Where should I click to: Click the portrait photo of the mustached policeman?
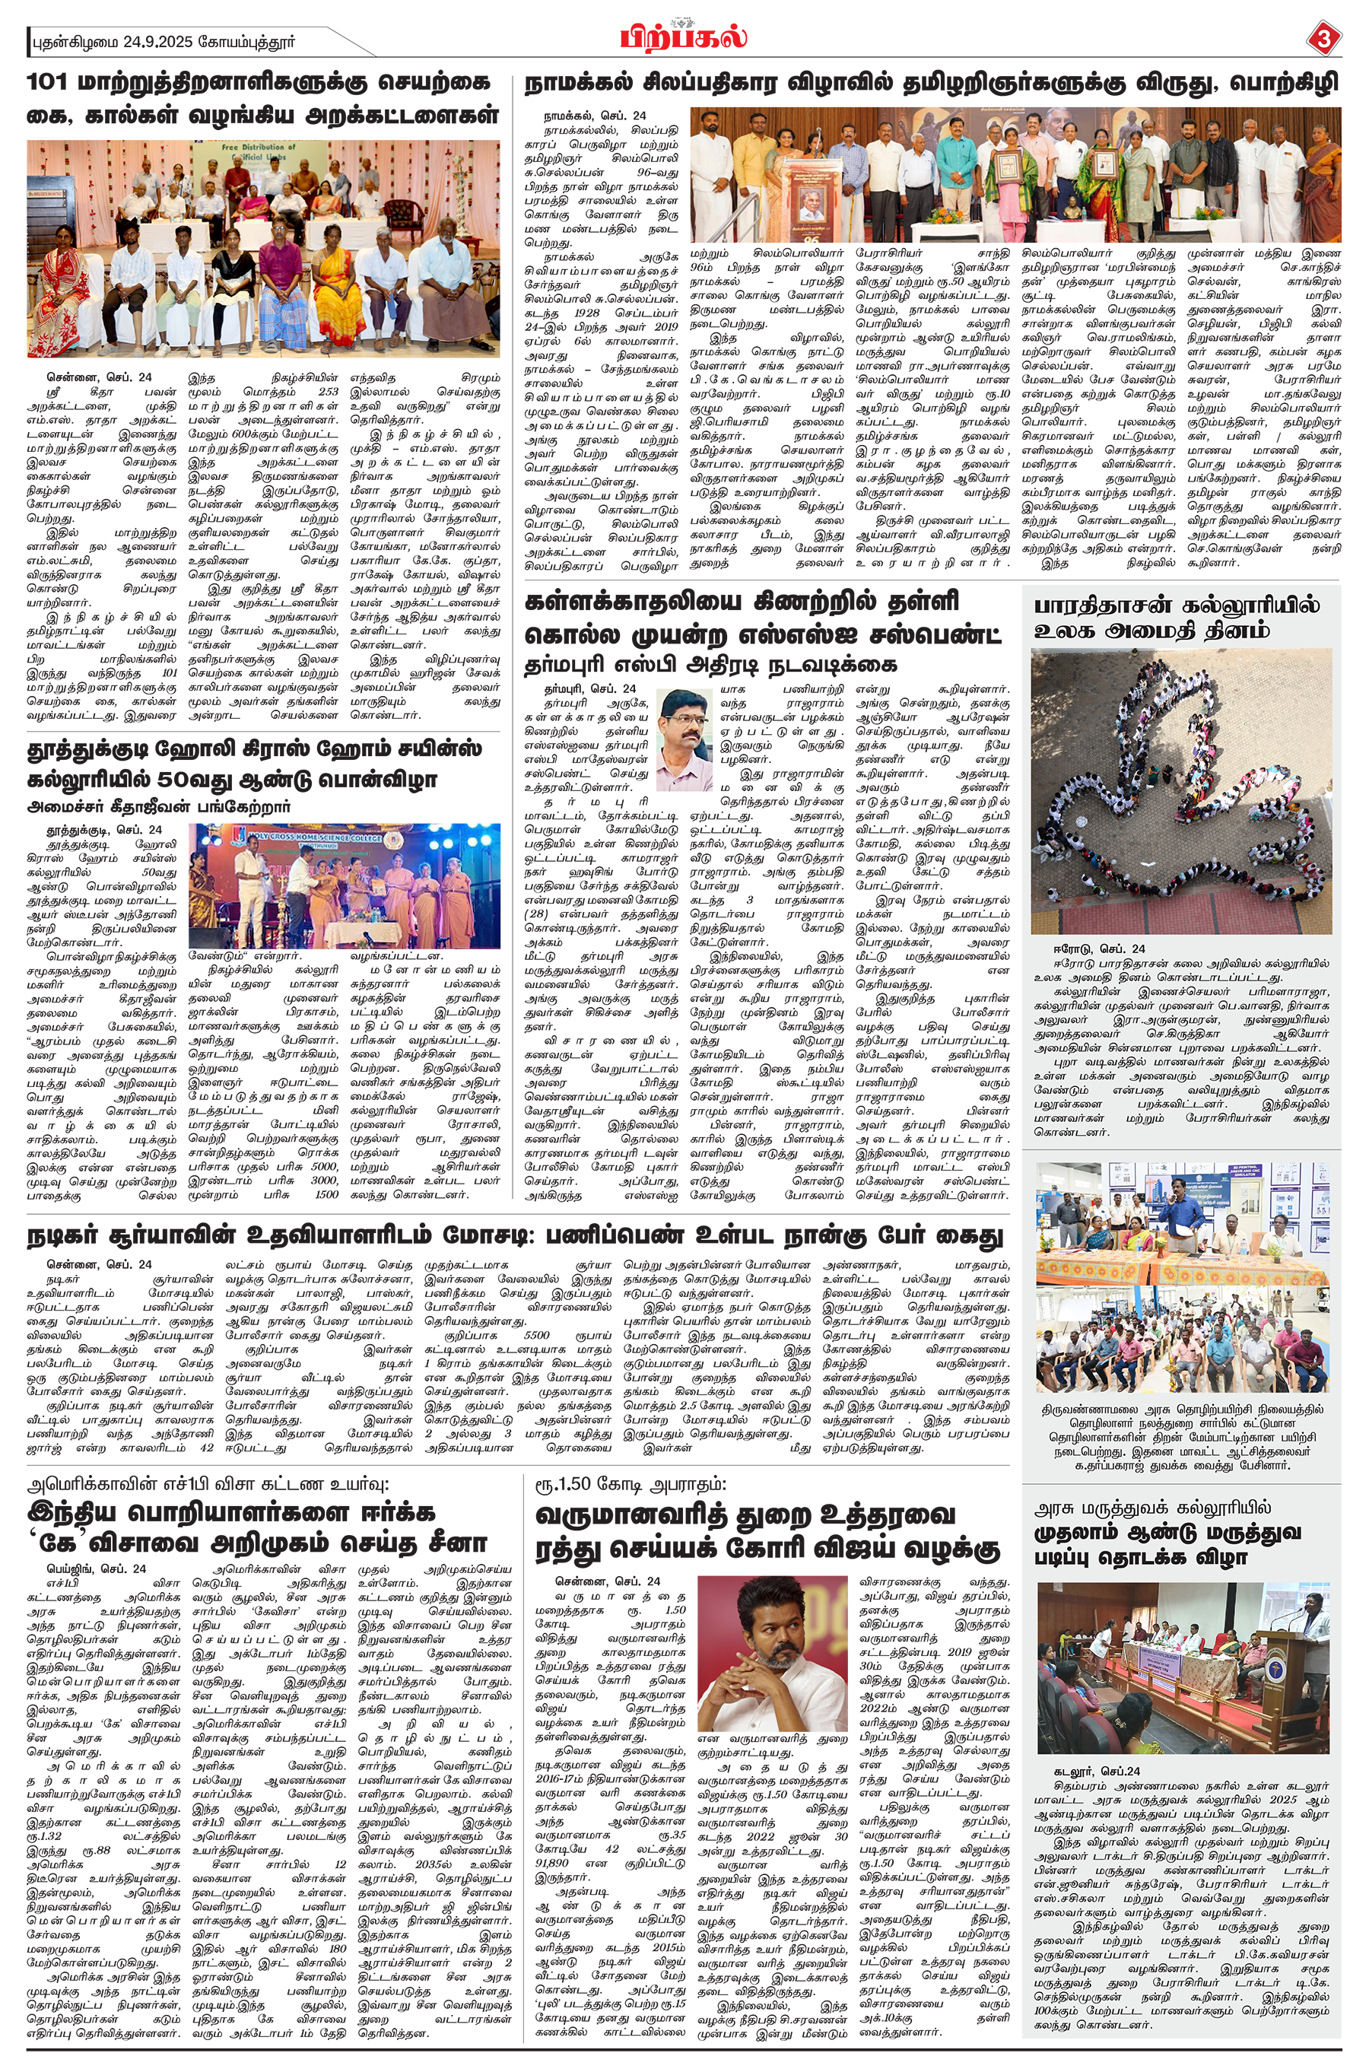click(x=684, y=739)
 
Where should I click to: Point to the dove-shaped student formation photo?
click(x=1181, y=792)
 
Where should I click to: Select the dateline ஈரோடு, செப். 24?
click(x=1099, y=949)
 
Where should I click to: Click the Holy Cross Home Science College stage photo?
click(x=345, y=885)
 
